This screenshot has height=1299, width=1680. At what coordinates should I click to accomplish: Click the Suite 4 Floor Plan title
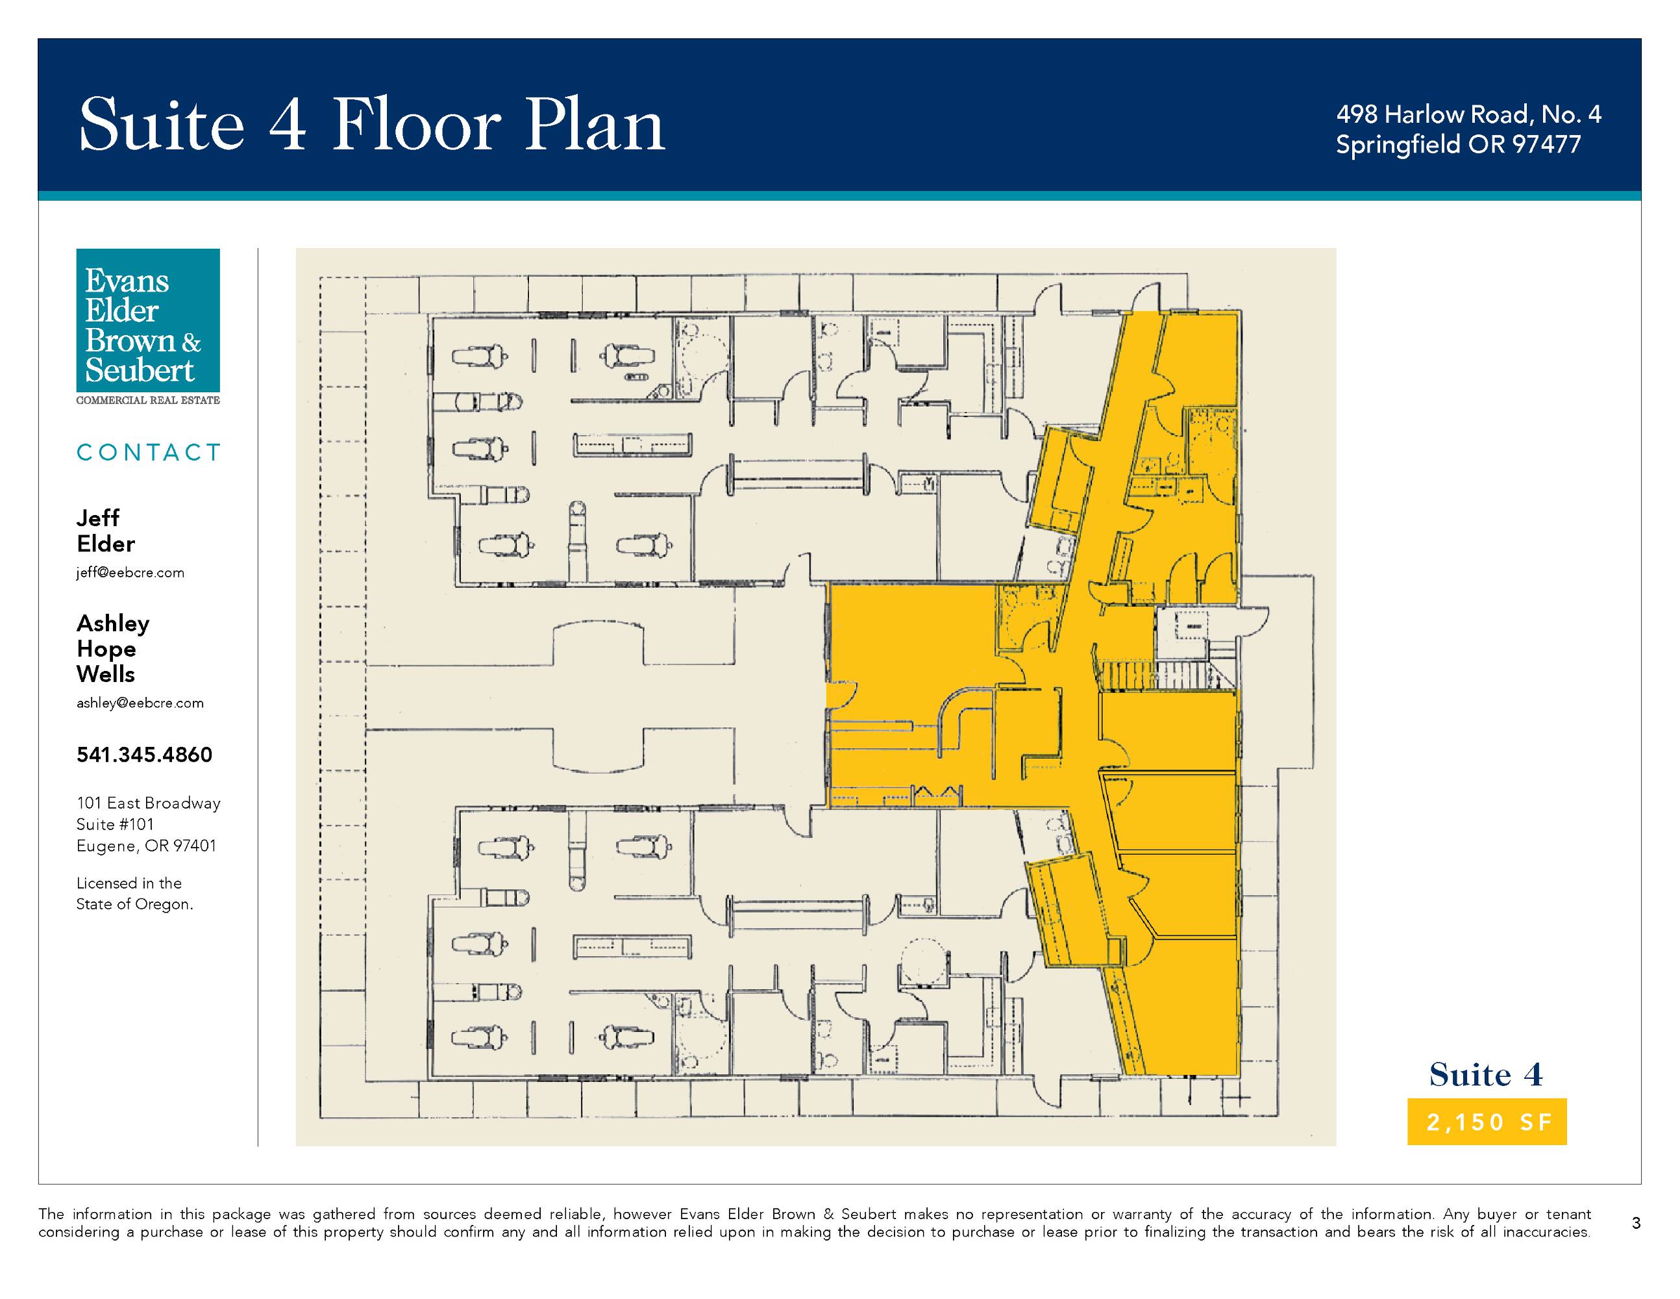pyautogui.click(x=373, y=124)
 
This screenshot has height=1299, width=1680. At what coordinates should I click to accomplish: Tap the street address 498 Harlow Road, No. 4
pyautogui.click(x=1468, y=115)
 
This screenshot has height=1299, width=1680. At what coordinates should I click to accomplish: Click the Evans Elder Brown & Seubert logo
pyautogui.click(x=148, y=320)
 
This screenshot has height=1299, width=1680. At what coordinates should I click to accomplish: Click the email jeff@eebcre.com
pyautogui.click(x=130, y=573)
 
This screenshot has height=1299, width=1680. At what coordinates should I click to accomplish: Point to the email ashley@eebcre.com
pyautogui.click(x=140, y=703)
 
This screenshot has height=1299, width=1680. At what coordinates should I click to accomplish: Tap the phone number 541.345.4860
pyautogui.click(x=145, y=754)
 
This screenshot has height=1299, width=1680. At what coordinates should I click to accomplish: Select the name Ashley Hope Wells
pyautogui.click(x=113, y=649)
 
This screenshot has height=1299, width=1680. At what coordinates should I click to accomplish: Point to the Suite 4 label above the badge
pyautogui.click(x=1486, y=1074)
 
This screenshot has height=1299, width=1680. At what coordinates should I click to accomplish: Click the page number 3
pyautogui.click(x=1636, y=1223)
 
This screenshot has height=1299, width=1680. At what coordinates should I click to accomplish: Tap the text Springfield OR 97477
pyautogui.click(x=1459, y=145)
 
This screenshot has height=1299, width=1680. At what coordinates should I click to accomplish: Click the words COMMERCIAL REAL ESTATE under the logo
pyautogui.click(x=148, y=400)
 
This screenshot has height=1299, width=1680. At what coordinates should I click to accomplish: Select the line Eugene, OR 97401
pyautogui.click(x=146, y=846)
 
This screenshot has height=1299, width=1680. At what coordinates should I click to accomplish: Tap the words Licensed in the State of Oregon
pyautogui.click(x=134, y=894)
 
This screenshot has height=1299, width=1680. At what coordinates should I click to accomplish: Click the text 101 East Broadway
pyautogui.click(x=149, y=803)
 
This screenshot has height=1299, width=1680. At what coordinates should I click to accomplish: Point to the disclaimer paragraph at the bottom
pyautogui.click(x=815, y=1223)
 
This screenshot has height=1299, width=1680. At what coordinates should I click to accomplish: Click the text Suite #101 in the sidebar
pyautogui.click(x=116, y=824)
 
